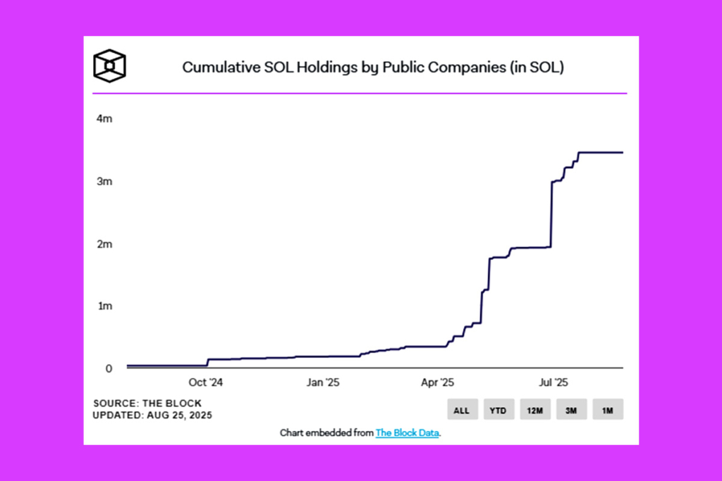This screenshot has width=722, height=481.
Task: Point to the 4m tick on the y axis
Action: pyautogui.click(x=104, y=119)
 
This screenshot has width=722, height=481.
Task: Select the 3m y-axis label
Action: pyautogui.click(x=104, y=182)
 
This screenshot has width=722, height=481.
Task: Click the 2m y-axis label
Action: pyautogui.click(x=104, y=244)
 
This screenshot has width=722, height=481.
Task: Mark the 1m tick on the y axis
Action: pyautogui.click(x=104, y=306)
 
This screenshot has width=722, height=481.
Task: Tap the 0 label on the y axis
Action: pyautogui.click(x=109, y=368)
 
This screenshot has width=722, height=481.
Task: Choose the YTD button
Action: pyautogui.click(x=498, y=410)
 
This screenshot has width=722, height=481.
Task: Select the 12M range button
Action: pyautogui.click(x=534, y=410)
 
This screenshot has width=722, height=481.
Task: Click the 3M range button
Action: pyautogui.click(x=571, y=410)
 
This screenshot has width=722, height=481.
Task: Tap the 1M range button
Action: pyautogui.click(x=608, y=410)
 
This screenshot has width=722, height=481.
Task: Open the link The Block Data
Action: pyautogui.click(x=408, y=433)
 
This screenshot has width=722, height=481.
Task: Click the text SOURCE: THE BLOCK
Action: pyautogui.click(x=147, y=404)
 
